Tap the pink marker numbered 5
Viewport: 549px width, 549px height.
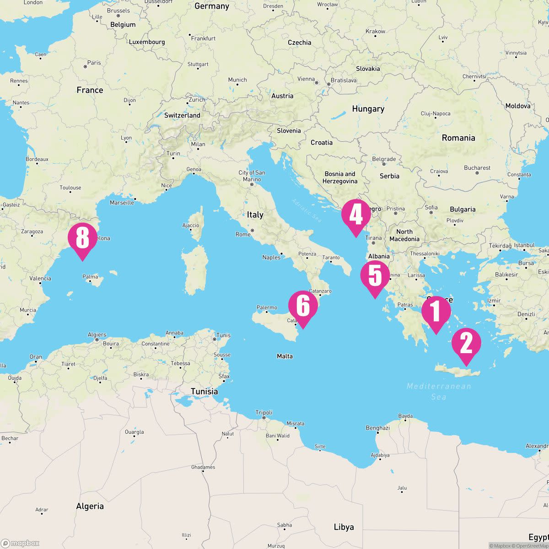coord(375,276)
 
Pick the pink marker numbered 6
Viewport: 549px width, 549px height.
coord(303,306)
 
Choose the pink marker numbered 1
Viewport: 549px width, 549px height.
coord(436,311)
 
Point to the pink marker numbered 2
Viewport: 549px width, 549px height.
coord(466,343)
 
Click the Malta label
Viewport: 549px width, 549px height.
coord(285,356)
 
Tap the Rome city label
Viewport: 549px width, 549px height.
coord(243,234)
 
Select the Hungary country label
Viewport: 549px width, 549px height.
coord(368,109)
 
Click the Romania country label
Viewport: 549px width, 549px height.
coord(458,138)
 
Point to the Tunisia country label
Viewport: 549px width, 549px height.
coord(205,392)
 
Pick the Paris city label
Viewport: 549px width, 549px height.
coord(94,63)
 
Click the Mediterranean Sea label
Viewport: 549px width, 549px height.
coord(439,392)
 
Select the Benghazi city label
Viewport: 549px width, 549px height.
coord(378,428)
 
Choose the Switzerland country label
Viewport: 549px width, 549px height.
coord(182,115)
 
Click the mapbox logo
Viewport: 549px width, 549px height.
coord(20,543)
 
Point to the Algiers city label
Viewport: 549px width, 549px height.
coord(97,335)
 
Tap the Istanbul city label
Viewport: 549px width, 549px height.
coord(524,246)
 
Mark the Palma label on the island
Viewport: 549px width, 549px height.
coord(90,277)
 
